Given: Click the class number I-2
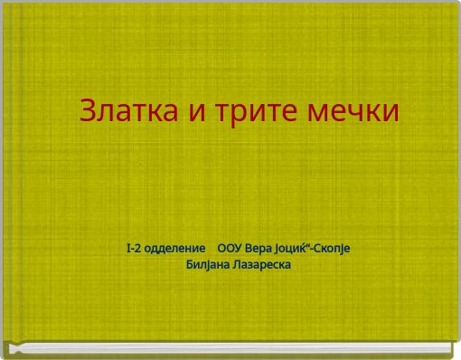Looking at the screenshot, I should click(x=135, y=248).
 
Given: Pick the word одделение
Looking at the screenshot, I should click(x=177, y=248).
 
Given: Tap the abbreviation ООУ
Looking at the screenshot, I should click(x=231, y=248).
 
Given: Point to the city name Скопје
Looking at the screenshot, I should click(x=333, y=248).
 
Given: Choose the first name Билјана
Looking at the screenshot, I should click(x=207, y=264).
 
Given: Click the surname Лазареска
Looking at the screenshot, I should click(x=261, y=264).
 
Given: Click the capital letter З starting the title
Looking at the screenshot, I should click(x=88, y=111).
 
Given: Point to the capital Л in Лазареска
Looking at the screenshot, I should click(x=237, y=264).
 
